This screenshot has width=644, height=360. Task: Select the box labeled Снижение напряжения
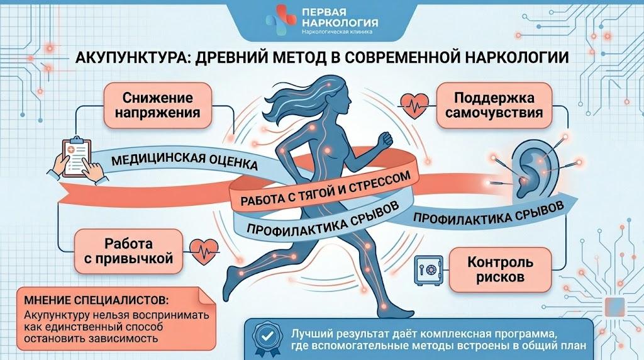pyautogui.click(x=158, y=105)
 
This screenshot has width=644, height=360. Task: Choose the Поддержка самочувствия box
pyautogui.click(x=494, y=105)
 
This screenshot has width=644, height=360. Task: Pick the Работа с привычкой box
pyautogui.click(x=128, y=251)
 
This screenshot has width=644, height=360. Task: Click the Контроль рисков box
pyautogui.click(x=500, y=269)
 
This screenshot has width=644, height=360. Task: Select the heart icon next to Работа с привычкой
pyautogui.click(x=204, y=251)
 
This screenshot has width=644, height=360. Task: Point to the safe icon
pyautogui.click(x=428, y=270)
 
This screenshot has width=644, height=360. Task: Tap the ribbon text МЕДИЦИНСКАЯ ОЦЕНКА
pyautogui.click(x=185, y=160)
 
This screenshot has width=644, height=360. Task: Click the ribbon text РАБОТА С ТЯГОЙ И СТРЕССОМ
pyautogui.click(x=325, y=189)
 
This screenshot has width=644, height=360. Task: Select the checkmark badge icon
pyautogui.click(x=267, y=339)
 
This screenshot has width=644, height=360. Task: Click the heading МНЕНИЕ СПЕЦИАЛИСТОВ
pyautogui.click(x=96, y=300)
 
